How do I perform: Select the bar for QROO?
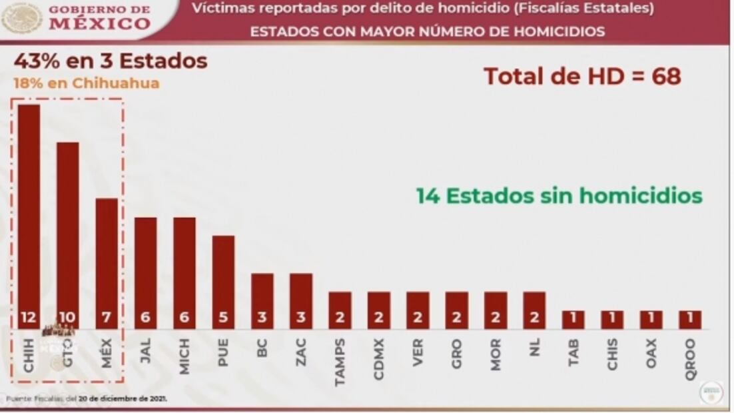pyautogui.click(x=690, y=319)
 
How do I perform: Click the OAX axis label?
pyautogui.click(x=651, y=352)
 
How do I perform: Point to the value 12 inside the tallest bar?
pyautogui.click(x=29, y=318)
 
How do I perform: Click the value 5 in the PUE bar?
pyautogui.click(x=223, y=318)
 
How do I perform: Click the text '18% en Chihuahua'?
pyautogui.click(x=87, y=83)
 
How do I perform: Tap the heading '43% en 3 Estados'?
pyautogui.click(x=111, y=61)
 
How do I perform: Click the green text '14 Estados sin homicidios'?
pyautogui.click(x=559, y=196)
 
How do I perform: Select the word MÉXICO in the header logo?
pyautogui.click(x=100, y=24)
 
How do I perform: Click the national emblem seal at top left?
pyautogui.click(x=22, y=18)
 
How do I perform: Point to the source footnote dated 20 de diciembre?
pyautogui.click(x=87, y=398)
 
